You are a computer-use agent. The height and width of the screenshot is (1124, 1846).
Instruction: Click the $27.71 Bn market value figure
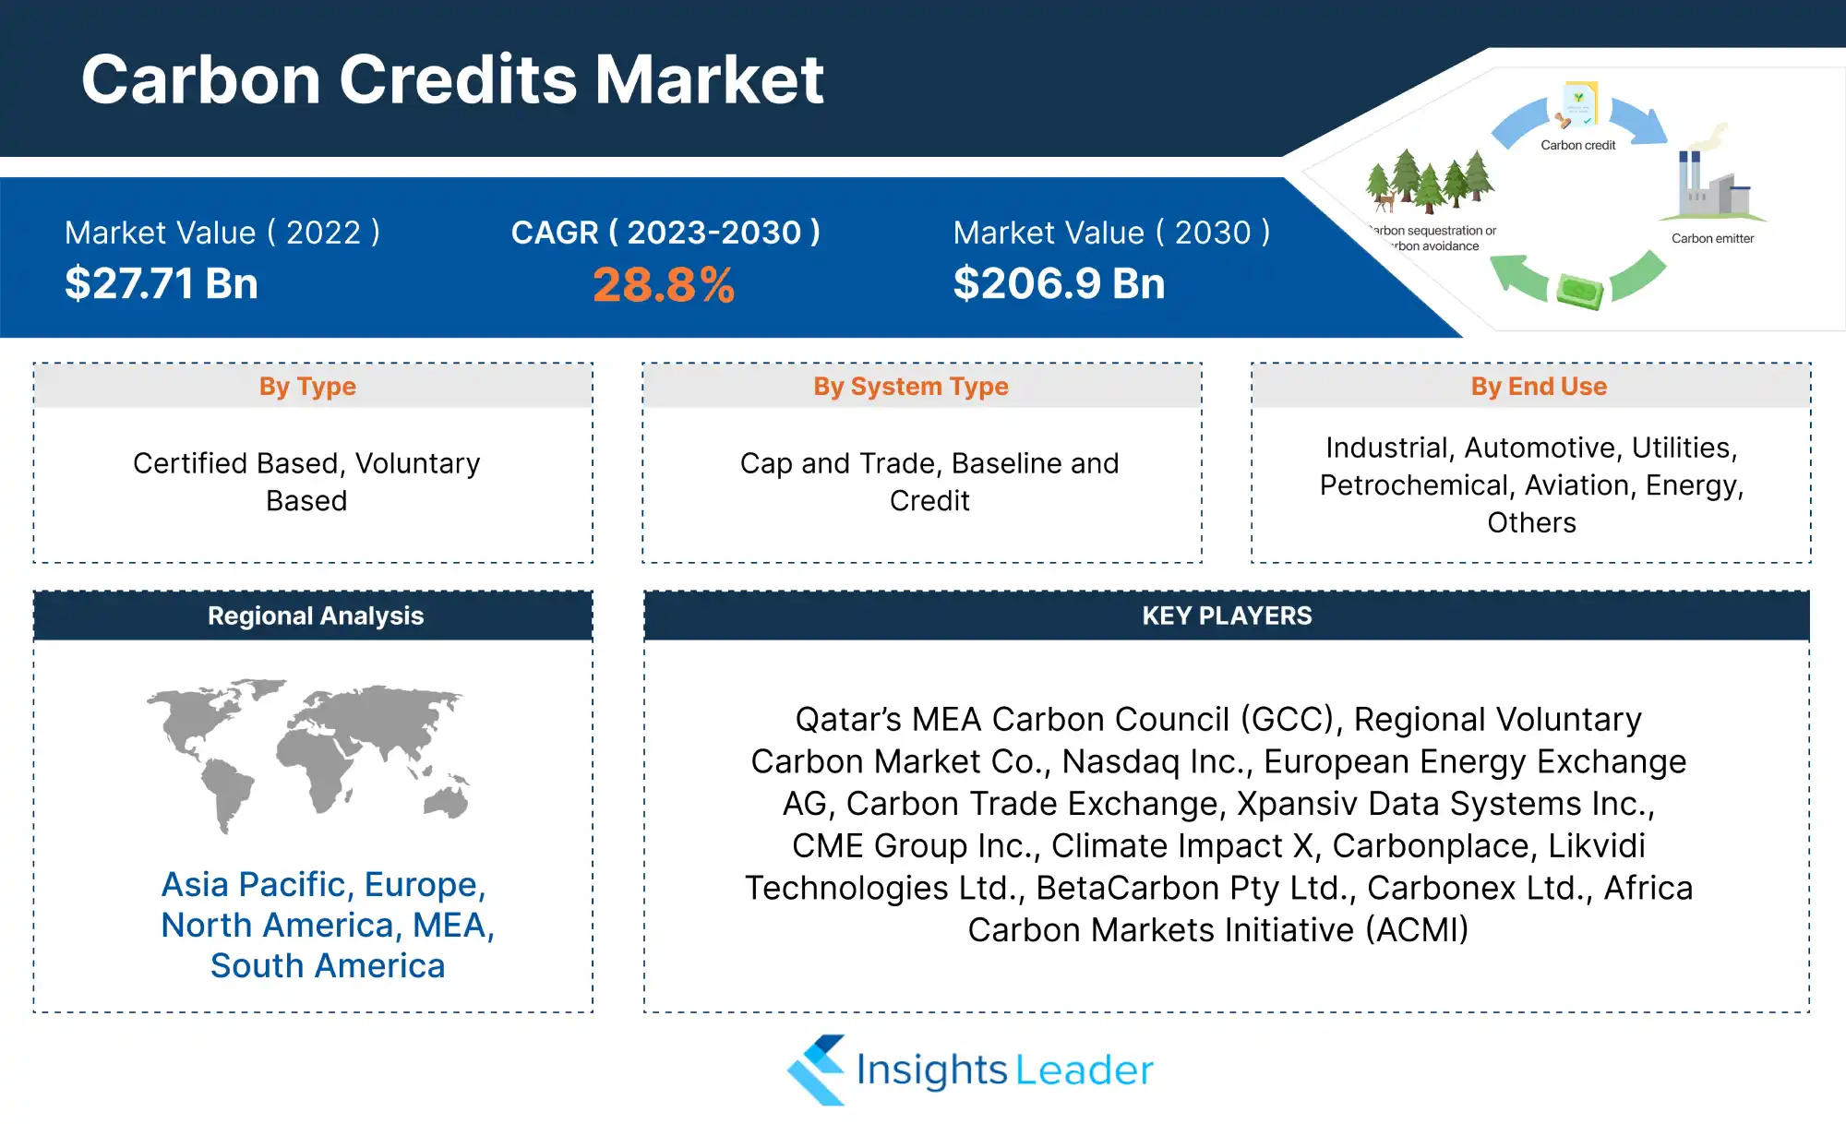[x=162, y=283]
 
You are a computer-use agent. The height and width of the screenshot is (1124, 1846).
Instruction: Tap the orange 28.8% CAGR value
[x=664, y=285]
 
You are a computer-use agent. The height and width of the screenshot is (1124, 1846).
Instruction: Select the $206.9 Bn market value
[x=1059, y=283]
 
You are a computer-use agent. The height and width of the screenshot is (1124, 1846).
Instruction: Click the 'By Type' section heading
[x=307, y=387]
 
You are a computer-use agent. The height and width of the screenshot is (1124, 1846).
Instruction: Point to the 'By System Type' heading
[x=911, y=387]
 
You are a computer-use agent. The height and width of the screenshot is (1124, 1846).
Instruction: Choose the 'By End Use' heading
[x=1539, y=387]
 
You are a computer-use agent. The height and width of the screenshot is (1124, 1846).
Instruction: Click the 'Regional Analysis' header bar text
[x=316, y=616]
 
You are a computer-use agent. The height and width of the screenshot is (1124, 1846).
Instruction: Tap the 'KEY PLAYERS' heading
[x=1227, y=616]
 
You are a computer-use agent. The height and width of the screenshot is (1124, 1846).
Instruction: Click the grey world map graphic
[x=308, y=756]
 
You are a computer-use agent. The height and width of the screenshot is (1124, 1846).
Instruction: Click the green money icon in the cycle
[x=1580, y=292]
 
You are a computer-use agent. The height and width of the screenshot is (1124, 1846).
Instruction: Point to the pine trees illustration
[x=1429, y=181]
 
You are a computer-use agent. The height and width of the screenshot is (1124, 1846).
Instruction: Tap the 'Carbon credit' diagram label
[x=1578, y=145]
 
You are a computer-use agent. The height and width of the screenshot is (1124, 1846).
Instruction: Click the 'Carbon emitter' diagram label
[x=1713, y=238]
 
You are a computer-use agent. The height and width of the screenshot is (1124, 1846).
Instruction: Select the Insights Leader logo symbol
[x=816, y=1070]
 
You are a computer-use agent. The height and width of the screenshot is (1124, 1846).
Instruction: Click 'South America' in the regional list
[x=328, y=966]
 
